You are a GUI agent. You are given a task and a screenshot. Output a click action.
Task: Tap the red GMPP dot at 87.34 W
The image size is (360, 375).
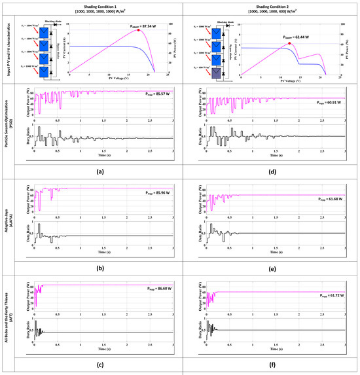pos(138,30)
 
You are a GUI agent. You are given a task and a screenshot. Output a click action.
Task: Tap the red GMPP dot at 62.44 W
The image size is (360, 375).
pos(290,43)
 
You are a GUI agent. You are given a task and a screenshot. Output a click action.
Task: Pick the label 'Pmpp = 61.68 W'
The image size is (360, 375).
pos(331,199)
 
